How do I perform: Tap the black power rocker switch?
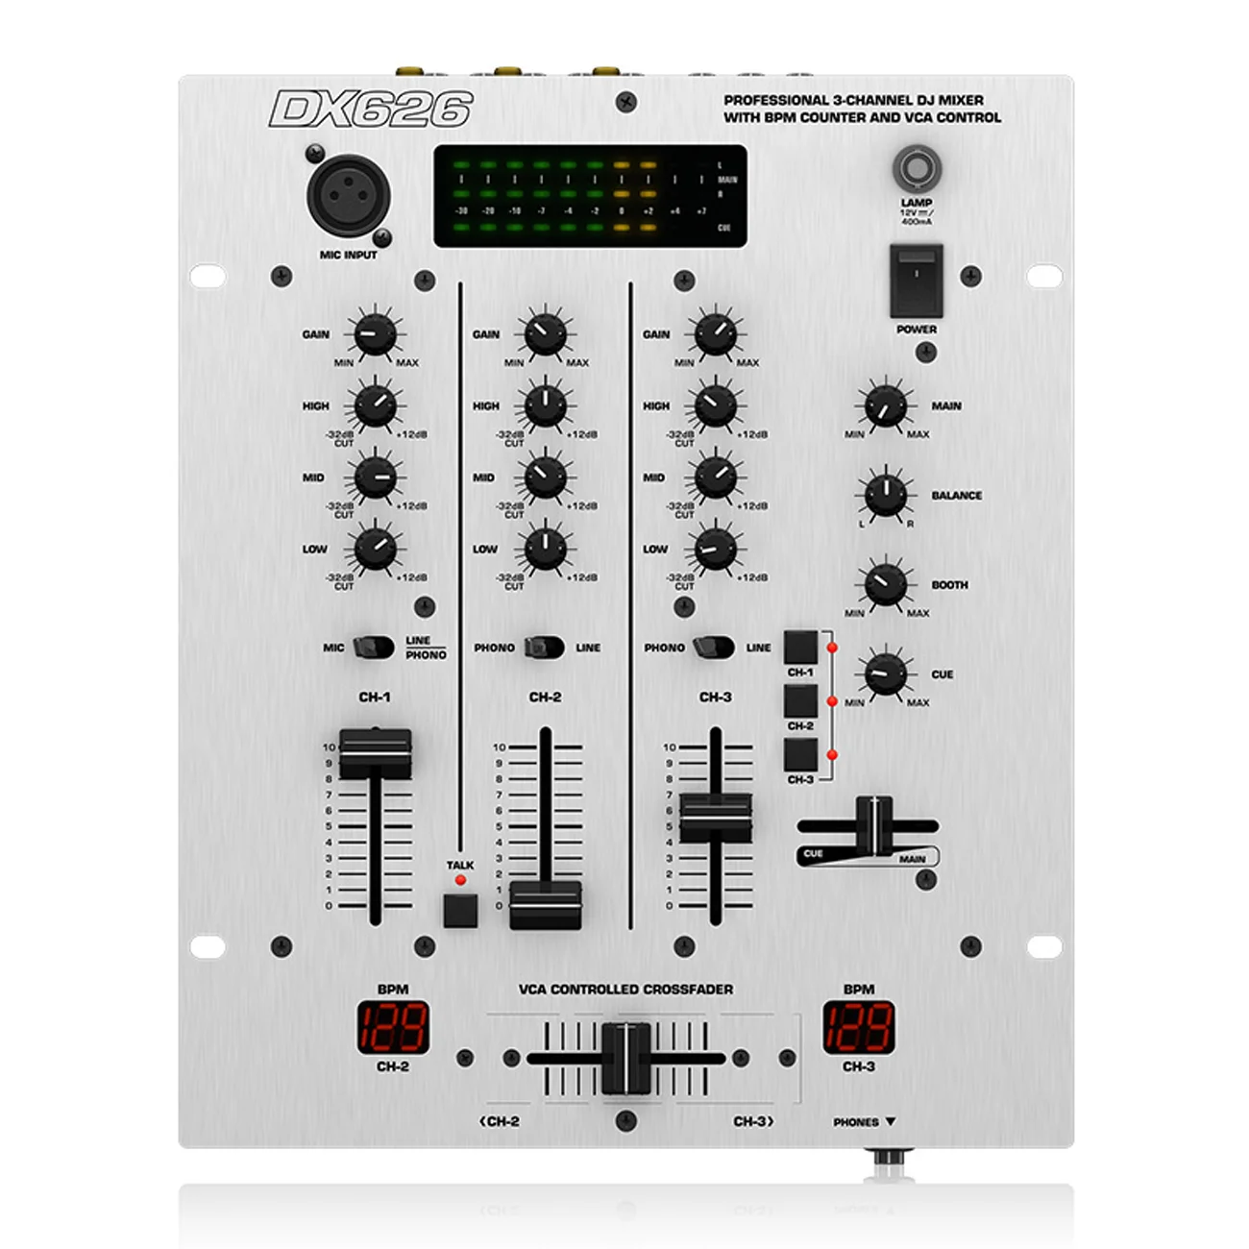click(916, 280)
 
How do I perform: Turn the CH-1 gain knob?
click(375, 334)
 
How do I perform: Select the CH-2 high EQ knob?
click(545, 405)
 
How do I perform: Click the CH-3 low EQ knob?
click(715, 549)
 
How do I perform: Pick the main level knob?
click(885, 406)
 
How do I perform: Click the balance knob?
click(885, 496)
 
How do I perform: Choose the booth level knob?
click(885, 584)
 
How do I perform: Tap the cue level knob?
click(885, 673)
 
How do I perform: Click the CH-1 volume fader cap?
click(375, 753)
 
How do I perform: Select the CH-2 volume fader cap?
click(545, 904)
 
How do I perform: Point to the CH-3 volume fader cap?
click(715, 817)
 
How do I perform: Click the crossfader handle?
click(626, 1059)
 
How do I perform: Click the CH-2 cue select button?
click(800, 701)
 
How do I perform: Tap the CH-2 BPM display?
click(393, 1027)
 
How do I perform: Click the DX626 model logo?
click(371, 110)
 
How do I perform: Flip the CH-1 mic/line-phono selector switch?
click(373, 648)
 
